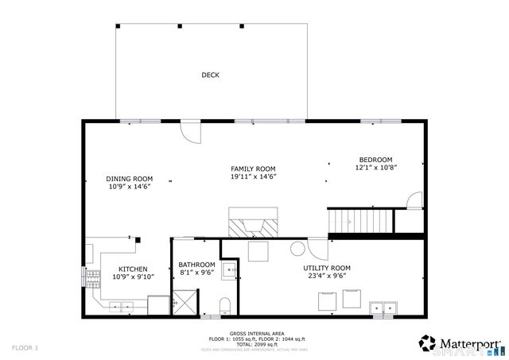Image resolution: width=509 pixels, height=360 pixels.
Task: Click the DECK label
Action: (210, 75)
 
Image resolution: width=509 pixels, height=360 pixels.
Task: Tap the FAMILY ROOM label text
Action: (253, 168)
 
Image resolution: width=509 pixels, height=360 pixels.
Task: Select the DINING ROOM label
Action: (130, 179)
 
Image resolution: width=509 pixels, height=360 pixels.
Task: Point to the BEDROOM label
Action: (375, 160)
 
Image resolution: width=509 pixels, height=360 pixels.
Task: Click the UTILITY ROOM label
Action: (326, 268)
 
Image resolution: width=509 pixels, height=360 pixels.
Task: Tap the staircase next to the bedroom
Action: (362, 219)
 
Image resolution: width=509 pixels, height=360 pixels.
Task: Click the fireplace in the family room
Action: (254, 224)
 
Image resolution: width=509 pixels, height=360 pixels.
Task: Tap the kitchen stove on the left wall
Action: (90, 277)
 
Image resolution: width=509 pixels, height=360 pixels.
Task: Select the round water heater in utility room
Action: (297, 250)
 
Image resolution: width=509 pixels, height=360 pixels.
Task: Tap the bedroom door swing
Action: (411, 200)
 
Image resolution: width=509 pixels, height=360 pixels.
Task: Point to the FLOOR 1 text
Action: (25, 348)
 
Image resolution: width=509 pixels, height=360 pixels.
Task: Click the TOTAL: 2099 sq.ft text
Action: (254, 344)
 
